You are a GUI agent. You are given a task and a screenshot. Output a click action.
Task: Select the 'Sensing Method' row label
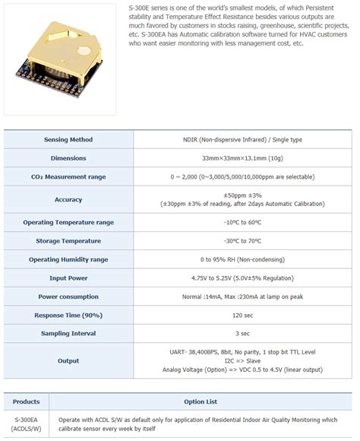pyautogui.click(x=68, y=140)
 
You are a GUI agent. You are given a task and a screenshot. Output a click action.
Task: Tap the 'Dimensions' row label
pyautogui.click(x=68, y=158)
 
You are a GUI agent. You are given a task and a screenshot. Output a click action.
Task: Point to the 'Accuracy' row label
pyautogui.click(x=68, y=199)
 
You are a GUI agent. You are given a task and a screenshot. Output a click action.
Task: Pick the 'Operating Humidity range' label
pyautogui.click(x=68, y=259)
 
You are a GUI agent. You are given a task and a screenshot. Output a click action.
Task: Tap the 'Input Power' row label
pyautogui.click(x=68, y=278)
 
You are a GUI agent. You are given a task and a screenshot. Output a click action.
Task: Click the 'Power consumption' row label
pyautogui.click(x=68, y=296)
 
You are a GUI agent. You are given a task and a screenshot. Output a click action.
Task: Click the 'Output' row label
pyautogui.click(x=68, y=361)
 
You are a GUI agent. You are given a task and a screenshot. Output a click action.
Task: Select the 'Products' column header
pyautogui.click(x=27, y=401)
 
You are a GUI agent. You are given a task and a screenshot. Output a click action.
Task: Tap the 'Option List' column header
pyautogui.click(x=201, y=401)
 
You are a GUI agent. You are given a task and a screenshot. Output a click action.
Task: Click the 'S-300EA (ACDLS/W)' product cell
pyautogui.click(x=27, y=424)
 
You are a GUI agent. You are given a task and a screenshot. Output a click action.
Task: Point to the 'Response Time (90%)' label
pyautogui.click(x=68, y=315)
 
